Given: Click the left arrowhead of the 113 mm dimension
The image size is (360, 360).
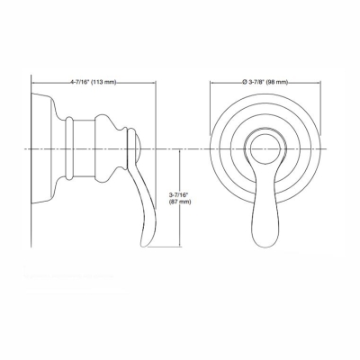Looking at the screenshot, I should tap(36, 82).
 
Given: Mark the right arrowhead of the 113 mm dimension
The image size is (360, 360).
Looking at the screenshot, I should tap(157, 82).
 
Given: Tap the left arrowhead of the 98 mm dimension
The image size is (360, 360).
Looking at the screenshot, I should tap(212, 82).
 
